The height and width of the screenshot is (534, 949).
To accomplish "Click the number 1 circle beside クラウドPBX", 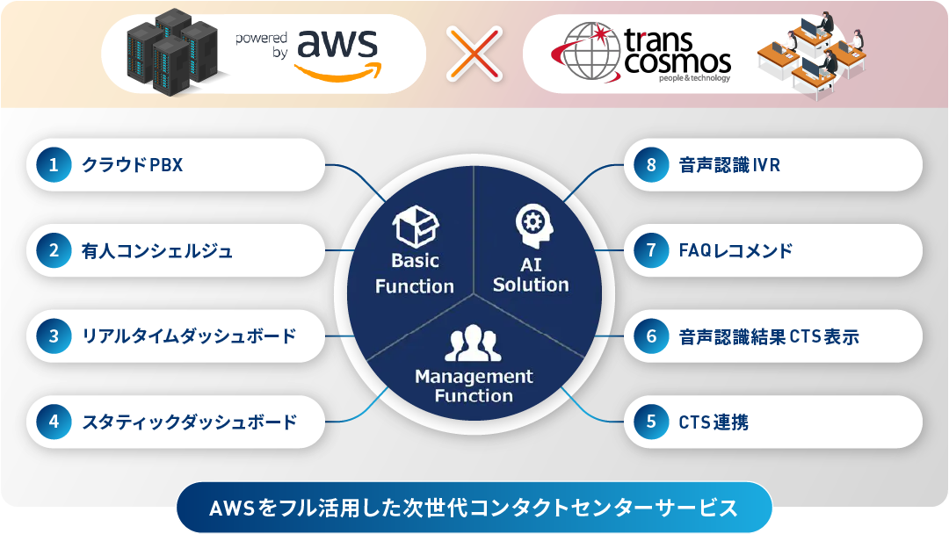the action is (x=54, y=164).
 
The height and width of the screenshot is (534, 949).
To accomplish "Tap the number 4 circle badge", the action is (x=54, y=422).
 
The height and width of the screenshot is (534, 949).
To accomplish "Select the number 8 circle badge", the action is (x=651, y=164).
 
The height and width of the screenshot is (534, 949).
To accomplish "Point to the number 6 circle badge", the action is (x=651, y=336).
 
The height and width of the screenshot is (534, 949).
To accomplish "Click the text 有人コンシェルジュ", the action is (x=157, y=251).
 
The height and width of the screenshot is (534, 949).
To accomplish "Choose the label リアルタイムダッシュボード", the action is (x=190, y=336).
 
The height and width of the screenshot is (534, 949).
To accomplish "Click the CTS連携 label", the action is (x=714, y=422).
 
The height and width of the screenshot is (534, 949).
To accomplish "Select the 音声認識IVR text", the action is (x=730, y=164).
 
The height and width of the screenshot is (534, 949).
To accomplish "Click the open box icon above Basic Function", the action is (x=415, y=227).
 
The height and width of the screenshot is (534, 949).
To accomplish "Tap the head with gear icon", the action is (x=534, y=224).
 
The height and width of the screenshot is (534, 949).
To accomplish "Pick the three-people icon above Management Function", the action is (x=474, y=343).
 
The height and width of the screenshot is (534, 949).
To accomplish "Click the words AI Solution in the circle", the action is (x=531, y=275).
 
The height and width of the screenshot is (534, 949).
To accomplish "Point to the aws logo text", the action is (x=337, y=45).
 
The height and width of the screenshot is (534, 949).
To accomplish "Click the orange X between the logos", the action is (x=474, y=54).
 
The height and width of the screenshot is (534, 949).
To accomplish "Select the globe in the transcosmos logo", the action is (x=588, y=52).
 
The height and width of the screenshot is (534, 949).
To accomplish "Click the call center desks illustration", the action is (x=812, y=55).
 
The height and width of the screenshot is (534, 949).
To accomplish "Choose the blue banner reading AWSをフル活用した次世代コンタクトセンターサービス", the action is (x=474, y=508).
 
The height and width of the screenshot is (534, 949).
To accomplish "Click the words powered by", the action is (x=262, y=45).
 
